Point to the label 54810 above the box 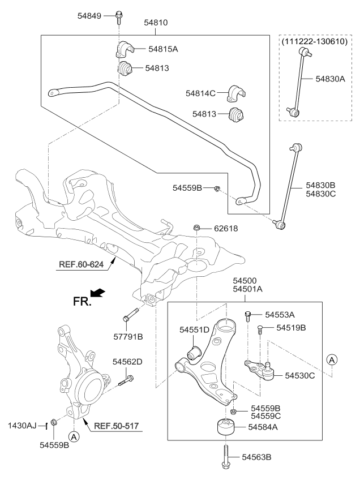pos(156,23)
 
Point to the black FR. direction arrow pos(97,293)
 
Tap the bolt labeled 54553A pos(248,316)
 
